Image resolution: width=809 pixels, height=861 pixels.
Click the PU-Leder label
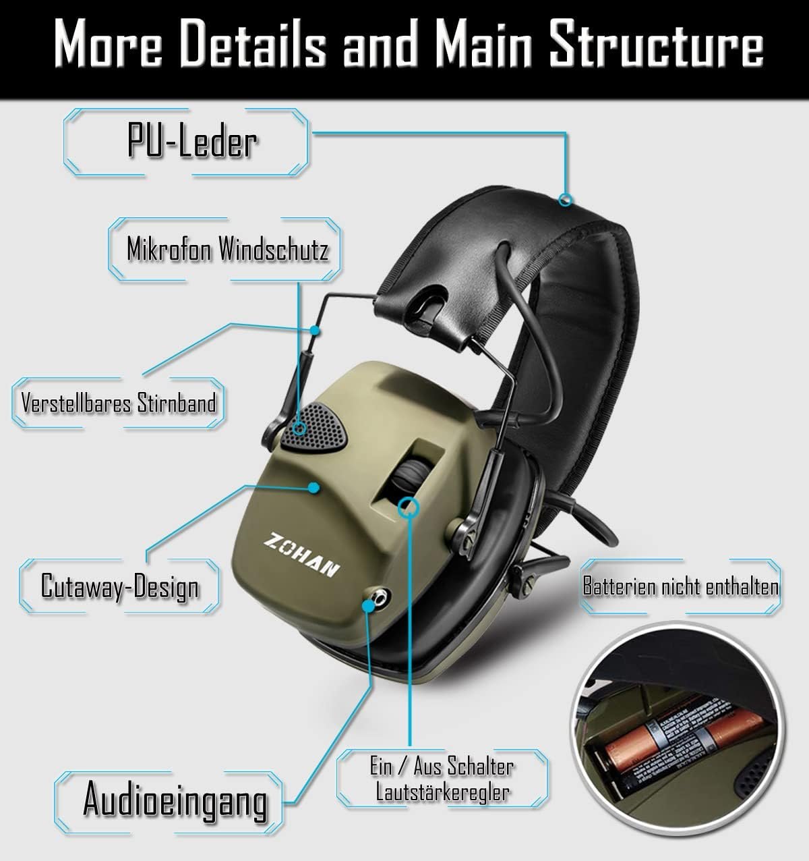click(192, 142)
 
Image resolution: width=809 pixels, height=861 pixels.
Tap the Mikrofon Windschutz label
click(227, 250)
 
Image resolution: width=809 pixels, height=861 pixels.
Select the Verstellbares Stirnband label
click(119, 404)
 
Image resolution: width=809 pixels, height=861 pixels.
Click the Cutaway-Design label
click(120, 586)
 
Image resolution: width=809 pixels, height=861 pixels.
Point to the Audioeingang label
click(175, 800)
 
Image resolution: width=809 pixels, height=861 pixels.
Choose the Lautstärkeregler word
click(442, 792)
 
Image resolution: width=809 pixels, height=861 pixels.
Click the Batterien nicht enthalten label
click(680, 586)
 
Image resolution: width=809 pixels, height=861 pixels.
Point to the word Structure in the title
click(655, 45)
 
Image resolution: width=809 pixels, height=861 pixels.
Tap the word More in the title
click(108, 45)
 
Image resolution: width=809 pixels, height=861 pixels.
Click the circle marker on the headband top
click(566, 199)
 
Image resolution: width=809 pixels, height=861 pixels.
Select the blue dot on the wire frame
click(314, 330)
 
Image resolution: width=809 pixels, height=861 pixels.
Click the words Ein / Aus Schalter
click(442, 767)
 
